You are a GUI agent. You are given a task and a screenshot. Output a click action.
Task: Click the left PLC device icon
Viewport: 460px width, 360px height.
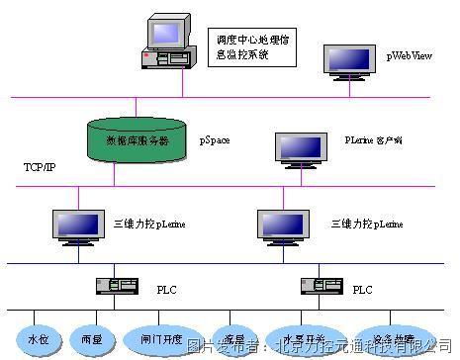[115, 286]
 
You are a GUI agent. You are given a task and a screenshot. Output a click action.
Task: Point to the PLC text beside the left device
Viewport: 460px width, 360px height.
[165, 290]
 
